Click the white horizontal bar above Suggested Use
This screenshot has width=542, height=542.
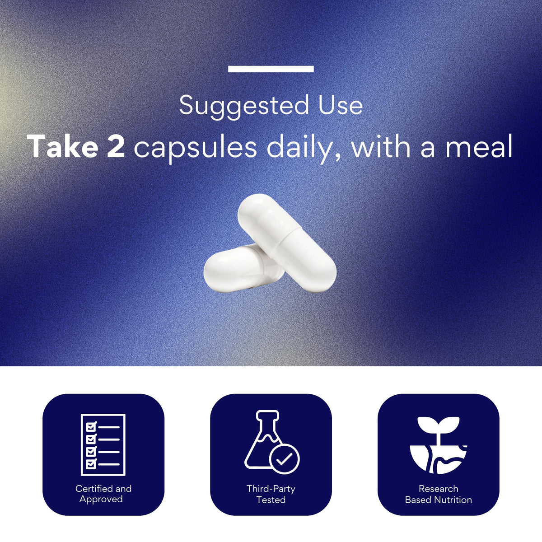271,69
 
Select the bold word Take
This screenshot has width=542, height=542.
62,146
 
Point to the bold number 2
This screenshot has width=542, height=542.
116,146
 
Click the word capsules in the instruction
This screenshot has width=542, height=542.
195,149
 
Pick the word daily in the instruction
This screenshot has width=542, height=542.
303,149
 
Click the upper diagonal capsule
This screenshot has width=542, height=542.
287,243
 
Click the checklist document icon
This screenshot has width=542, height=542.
103,445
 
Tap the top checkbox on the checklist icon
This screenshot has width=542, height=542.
91,427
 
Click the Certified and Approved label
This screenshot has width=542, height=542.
103,494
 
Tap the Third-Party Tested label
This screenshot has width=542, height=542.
271,494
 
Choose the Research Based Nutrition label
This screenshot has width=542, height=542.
439,494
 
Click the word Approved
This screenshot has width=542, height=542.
101,499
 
